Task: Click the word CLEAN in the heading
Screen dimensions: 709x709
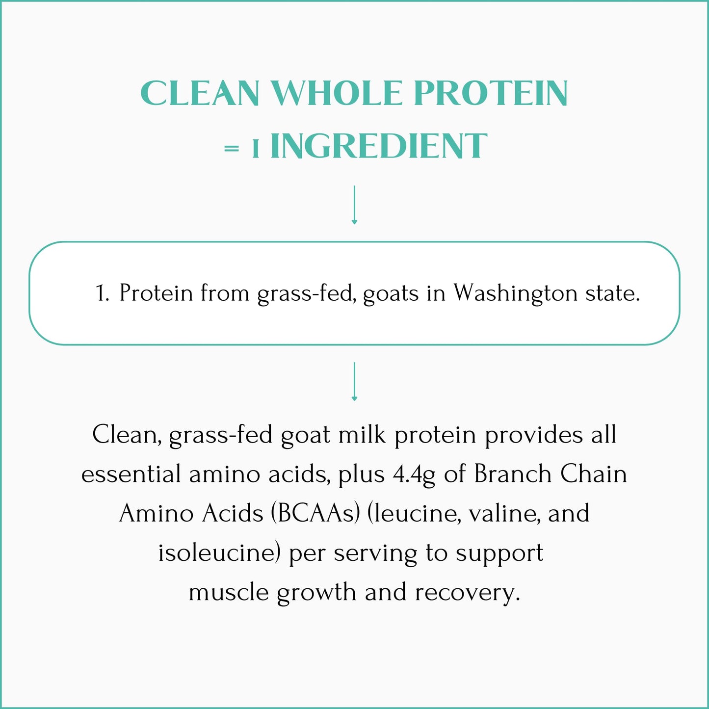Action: tap(200, 93)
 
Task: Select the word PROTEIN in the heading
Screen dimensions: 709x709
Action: tap(491, 93)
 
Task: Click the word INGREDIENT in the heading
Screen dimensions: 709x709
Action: tap(378, 146)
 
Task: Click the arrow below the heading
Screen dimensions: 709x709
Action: tap(354, 205)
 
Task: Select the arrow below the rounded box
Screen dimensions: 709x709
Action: tap(354, 382)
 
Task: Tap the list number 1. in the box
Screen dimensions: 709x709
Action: tap(102, 293)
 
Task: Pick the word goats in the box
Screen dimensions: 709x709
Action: tap(391, 293)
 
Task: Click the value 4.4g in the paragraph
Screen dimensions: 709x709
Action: tap(414, 474)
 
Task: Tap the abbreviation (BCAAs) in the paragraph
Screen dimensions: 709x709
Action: tap(315, 514)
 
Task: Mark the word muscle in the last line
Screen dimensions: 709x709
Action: tap(229, 592)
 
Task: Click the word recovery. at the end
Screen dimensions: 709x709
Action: tap(467, 592)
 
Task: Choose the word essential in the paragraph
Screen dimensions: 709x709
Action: tap(131, 474)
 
